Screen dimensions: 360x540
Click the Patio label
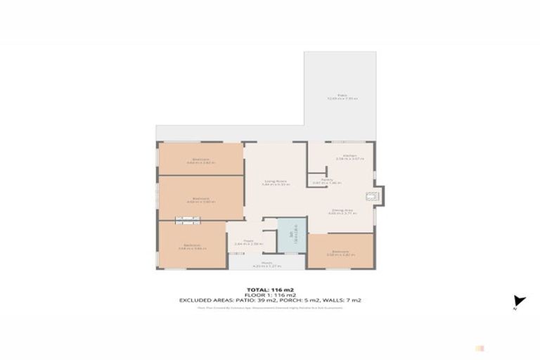coord(342,96)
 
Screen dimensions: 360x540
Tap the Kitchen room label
coord(349,157)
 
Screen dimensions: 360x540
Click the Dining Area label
coord(342,211)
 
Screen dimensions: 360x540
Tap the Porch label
coord(267,264)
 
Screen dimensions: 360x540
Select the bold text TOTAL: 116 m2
coord(269,289)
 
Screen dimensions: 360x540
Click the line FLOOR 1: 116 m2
coord(269,295)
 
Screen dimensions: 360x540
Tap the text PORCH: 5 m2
coord(313,300)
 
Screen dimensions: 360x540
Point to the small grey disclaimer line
coord(269,307)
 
